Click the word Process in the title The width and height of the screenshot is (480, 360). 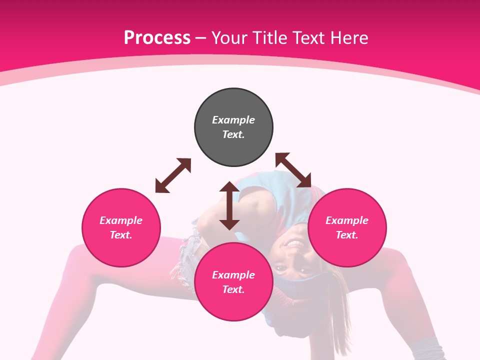click(x=157, y=38)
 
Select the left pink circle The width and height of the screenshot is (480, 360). click(x=121, y=250)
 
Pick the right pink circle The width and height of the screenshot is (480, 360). click(x=347, y=250)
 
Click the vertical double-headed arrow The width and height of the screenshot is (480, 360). click(x=229, y=205)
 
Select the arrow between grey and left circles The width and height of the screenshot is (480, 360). click(x=173, y=175)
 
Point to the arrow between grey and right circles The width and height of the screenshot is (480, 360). click(x=293, y=170)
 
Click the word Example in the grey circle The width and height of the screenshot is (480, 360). click(x=233, y=120)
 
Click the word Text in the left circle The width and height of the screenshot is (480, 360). click(x=121, y=235)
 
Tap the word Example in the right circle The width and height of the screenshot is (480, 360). click(x=347, y=220)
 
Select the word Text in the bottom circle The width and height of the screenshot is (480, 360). click(x=233, y=289)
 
